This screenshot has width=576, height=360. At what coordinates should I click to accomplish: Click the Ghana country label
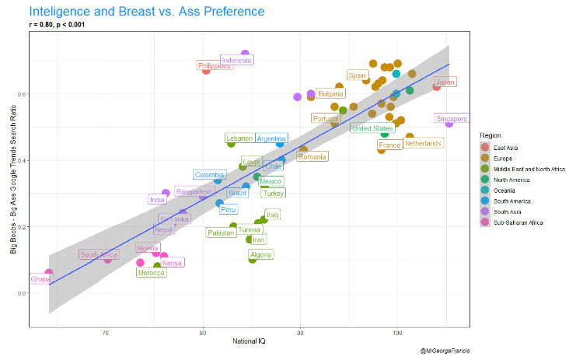(40, 279)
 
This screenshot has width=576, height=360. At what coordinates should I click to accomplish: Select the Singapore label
(452, 119)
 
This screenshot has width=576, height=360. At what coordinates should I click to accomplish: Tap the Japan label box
(445, 82)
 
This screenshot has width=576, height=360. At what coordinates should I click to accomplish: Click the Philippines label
(215, 66)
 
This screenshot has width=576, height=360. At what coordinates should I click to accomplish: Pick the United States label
(372, 128)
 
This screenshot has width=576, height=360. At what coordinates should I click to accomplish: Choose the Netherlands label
(423, 143)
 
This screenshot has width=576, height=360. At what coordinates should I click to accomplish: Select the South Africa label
(99, 254)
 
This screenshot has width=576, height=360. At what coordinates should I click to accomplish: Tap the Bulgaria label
(330, 94)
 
